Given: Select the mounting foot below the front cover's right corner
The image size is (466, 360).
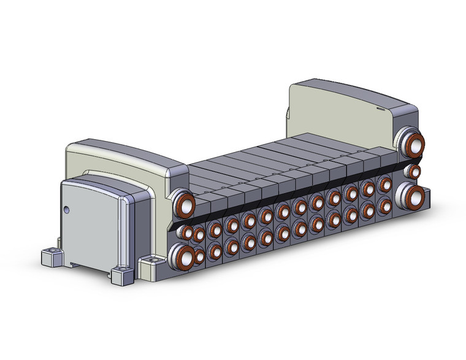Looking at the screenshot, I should point(122,274).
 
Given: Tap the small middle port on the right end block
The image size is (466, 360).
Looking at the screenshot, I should point(414,171).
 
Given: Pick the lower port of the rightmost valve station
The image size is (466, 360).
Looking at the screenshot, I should point(385,204).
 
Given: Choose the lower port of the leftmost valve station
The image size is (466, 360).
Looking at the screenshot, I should point(199,255).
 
